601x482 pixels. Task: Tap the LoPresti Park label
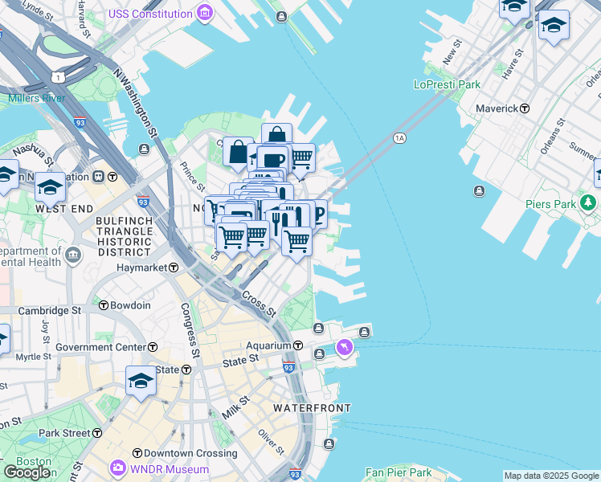click(446, 84)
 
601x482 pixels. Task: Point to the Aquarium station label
click(269, 345)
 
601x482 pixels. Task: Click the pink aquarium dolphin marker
click(345, 347)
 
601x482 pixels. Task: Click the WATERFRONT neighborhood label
click(312, 408)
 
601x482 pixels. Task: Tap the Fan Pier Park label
click(399, 472)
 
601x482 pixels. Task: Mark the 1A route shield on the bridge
click(399, 138)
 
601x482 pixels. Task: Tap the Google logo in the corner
click(27, 472)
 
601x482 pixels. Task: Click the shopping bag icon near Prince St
click(239, 152)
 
